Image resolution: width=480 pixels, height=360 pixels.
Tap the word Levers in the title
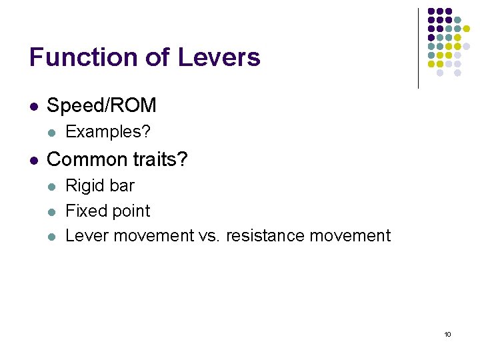click(x=219, y=57)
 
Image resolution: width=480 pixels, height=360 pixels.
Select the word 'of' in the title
click(x=157, y=57)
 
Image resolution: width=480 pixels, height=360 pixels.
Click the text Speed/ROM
click(x=101, y=105)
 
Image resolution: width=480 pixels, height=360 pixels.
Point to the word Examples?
click(x=108, y=132)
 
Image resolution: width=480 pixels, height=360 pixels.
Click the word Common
click(x=83, y=159)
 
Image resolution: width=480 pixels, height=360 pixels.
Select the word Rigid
click(x=84, y=185)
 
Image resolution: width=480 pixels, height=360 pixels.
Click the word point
click(x=129, y=211)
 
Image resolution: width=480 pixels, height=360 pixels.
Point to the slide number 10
click(x=447, y=334)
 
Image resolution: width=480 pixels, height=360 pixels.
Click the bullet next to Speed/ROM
click(x=33, y=106)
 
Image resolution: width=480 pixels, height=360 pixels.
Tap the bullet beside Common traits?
click(x=33, y=160)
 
